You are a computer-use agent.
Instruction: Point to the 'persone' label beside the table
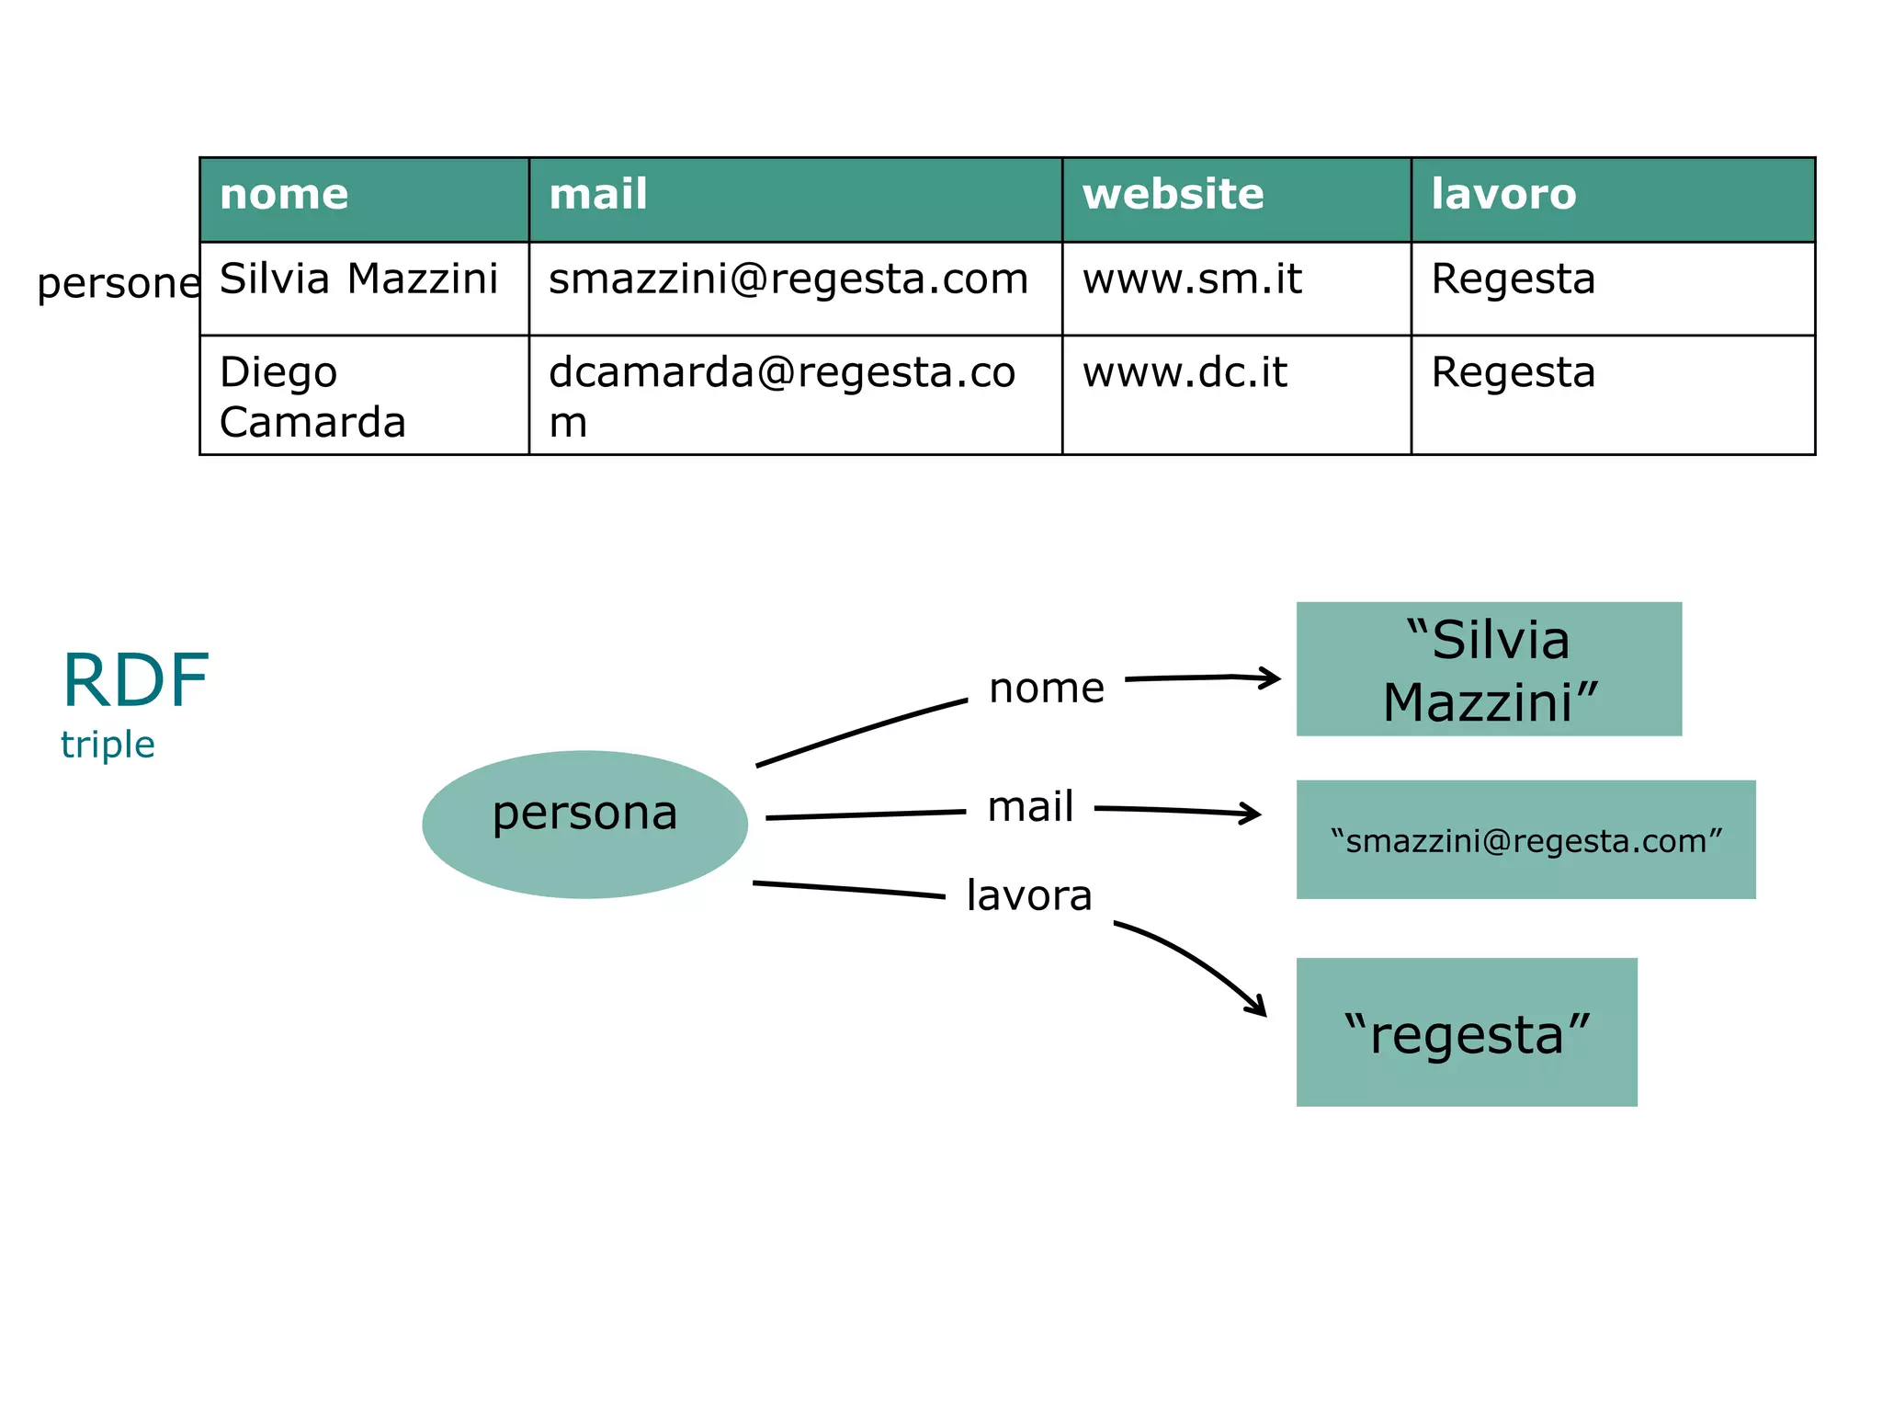(118, 283)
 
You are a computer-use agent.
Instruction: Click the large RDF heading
(136, 680)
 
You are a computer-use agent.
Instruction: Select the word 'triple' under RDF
(108, 745)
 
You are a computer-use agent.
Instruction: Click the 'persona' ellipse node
(584, 823)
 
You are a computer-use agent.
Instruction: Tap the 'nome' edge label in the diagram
(1047, 688)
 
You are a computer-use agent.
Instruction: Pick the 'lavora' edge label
(1029, 895)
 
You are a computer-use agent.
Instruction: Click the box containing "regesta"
(1467, 1032)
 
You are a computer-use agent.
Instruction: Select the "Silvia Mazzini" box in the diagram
(1489, 669)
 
